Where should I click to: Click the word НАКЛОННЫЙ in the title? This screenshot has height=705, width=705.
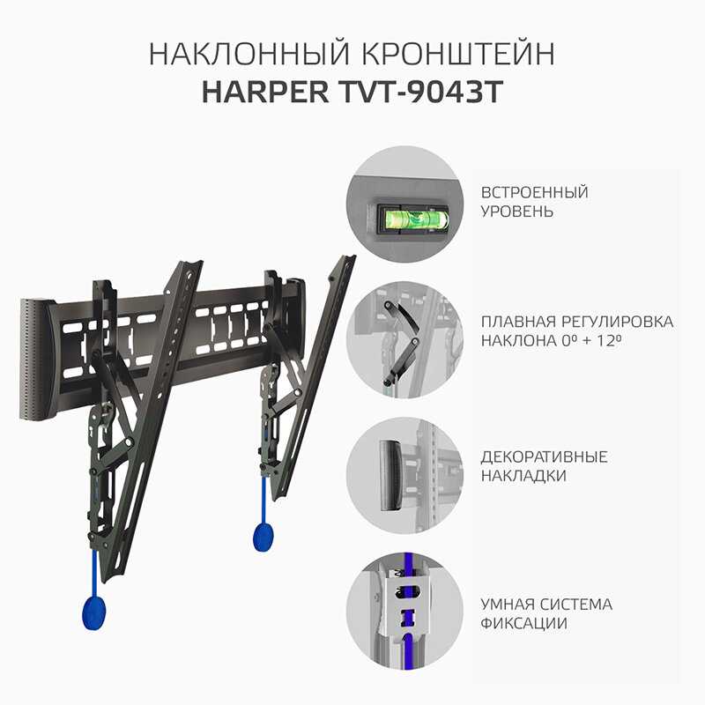pos(249,55)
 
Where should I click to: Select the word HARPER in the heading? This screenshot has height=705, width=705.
pos(265,92)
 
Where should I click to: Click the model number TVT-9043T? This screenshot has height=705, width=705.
pos(420,92)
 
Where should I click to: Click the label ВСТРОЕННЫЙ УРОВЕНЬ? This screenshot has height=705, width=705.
pos(535,202)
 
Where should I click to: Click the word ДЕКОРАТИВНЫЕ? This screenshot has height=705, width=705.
pos(544,456)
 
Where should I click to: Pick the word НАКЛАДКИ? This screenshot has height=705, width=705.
pos(523,476)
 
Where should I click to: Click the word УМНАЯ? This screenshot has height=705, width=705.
pos(510,605)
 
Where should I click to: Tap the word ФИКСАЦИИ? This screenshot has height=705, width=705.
pos(523,624)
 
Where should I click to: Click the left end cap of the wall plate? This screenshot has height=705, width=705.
pos(37,359)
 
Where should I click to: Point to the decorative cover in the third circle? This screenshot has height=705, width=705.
pos(390,475)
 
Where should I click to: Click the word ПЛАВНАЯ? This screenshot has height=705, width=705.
pos(509,322)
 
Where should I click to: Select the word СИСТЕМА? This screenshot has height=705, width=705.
pos(579,605)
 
